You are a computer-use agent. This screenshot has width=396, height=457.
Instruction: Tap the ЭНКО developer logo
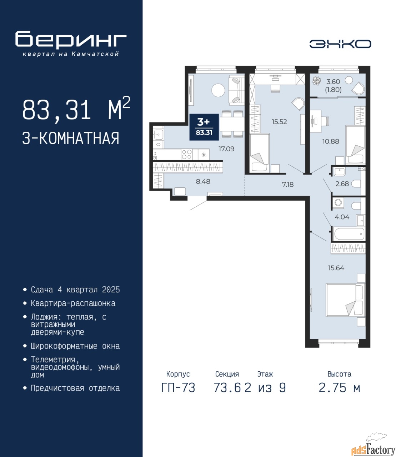coord(340,44)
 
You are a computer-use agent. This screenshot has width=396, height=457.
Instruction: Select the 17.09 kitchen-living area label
coord(226,149)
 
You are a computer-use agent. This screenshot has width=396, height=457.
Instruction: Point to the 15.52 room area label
coord(279,122)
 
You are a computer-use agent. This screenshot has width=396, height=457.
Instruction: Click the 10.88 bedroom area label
coord(331,141)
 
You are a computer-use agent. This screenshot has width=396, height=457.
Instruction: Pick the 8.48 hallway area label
coord(203,181)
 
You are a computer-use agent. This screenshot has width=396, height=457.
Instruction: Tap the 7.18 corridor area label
coord(288,184)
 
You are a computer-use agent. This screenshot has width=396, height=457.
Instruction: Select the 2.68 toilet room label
coord(342,184)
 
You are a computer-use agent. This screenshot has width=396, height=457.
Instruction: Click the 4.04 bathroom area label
coord(342,217)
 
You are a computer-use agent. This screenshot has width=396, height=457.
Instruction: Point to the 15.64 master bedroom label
coord(336,268)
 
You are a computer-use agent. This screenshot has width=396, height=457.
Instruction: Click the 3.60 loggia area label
coord(333,82)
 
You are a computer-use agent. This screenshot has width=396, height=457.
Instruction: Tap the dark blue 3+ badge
coord(204,127)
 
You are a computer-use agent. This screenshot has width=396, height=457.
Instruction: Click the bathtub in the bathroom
coord(349,234)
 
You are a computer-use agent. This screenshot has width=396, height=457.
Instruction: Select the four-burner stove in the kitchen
coord(187,154)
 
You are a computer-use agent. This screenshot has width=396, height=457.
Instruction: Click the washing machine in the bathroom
coord(338,202)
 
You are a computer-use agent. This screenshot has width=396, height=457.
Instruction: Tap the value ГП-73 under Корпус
coord(178,388)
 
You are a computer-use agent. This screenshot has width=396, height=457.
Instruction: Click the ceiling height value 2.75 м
coord(339,388)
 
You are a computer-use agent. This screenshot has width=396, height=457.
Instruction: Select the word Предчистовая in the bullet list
coord(57,388)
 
